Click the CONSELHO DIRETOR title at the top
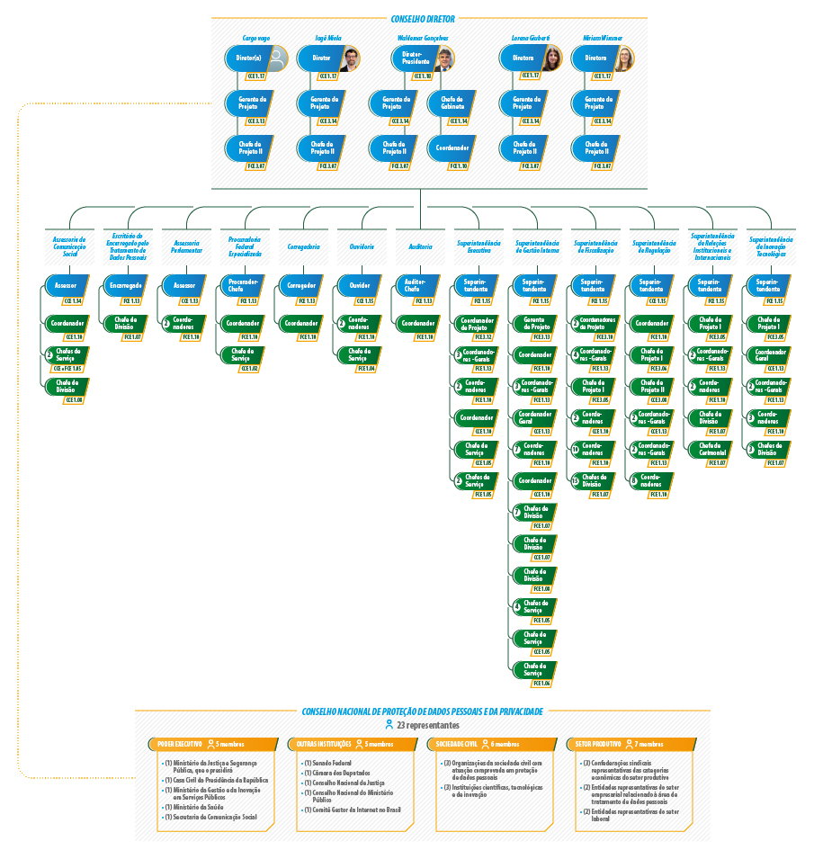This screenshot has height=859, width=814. point(423,18)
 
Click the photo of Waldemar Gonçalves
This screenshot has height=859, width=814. point(444,59)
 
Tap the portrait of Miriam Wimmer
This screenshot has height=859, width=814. point(624,59)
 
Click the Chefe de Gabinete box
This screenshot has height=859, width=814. point(451,103)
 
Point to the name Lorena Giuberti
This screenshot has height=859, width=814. point(531,39)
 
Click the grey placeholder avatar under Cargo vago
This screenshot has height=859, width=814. point(278,59)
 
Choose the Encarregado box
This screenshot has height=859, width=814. point(125,286)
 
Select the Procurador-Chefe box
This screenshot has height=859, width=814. point(242,286)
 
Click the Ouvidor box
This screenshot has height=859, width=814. point(359,286)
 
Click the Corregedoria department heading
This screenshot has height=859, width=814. point(303,246)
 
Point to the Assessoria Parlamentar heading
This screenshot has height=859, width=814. point(186,246)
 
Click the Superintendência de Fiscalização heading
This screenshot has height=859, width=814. point(594,246)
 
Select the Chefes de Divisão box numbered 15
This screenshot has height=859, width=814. point(594,480)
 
